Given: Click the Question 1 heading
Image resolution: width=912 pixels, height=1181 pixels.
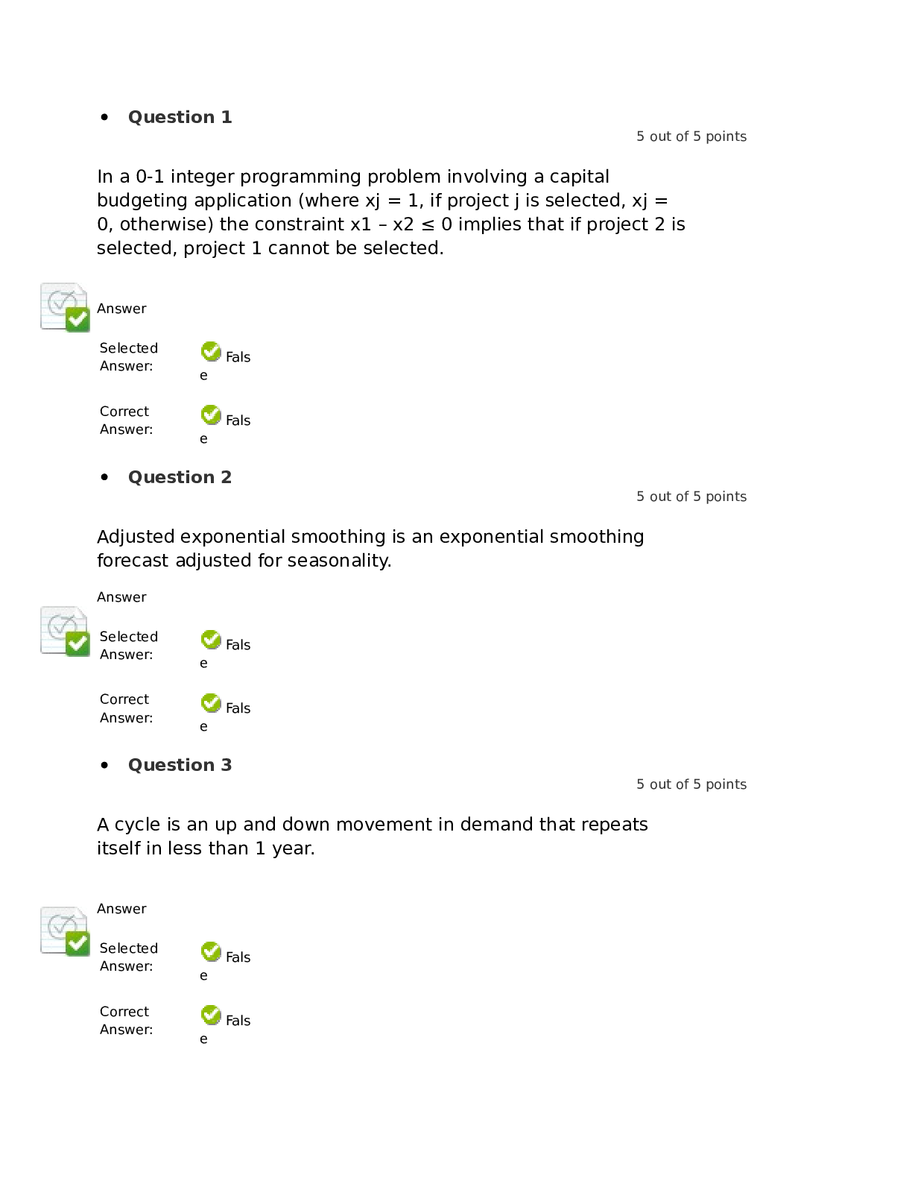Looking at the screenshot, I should click(x=180, y=117).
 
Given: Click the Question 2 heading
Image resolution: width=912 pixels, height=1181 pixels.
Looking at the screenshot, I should click(x=180, y=477).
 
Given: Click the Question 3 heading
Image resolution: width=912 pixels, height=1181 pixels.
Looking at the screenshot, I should click(x=180, y=765).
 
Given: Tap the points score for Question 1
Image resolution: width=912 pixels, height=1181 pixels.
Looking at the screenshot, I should click(x=691, y=136).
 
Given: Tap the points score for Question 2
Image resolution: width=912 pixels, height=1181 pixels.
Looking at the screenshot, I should click(x=691, y=497).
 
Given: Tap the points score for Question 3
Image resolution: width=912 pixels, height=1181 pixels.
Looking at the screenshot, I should click(x=691, y=784).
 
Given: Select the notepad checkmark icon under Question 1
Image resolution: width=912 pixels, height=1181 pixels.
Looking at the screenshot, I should click(x=65, y=307).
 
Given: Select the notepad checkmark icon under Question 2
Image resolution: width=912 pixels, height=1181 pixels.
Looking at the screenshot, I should click(x=65, y=632).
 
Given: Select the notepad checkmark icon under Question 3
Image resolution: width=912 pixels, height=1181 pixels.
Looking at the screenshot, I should click(x=65, y=931).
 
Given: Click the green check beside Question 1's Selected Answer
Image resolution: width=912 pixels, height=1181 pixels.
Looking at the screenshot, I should click(x=211, y=351).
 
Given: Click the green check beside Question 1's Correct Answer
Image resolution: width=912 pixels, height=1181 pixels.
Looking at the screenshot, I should click(x=211, y=415).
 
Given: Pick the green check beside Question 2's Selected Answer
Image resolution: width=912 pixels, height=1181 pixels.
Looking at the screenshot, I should click(x=211, y=640).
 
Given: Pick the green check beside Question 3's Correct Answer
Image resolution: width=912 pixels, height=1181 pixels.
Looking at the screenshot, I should click(x=211, y=1015).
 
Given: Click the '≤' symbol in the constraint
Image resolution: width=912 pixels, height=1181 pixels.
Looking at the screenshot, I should click(x=428, y=224).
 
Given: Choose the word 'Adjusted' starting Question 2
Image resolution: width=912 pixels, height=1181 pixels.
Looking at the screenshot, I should click(x=136, y=537).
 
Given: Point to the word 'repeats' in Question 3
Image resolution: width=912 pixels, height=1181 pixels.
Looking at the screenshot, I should click(x=615, y=825).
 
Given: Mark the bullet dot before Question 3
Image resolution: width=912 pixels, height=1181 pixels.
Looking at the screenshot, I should click(x=104, y=765).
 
